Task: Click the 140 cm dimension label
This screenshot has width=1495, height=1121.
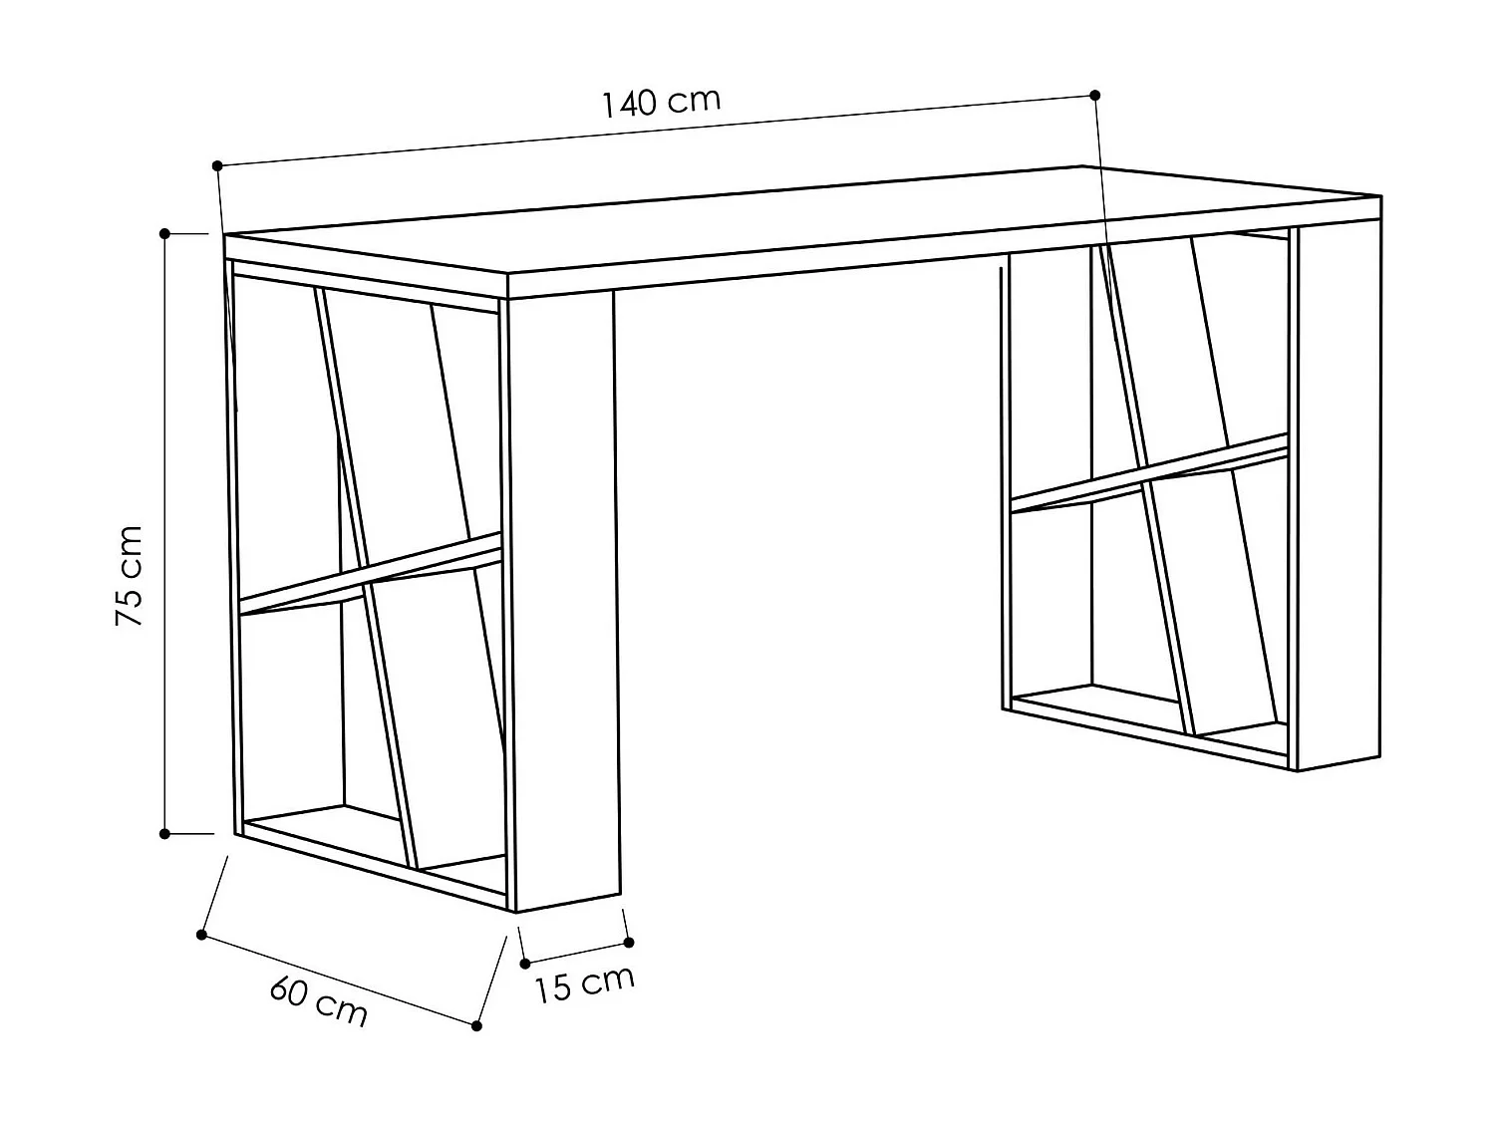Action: pos(660,102)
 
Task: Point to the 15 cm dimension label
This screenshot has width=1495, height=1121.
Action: pos(584,983)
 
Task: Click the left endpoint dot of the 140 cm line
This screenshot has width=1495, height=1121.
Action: pos(217,164)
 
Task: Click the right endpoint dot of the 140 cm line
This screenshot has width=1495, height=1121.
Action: pos(1095,96)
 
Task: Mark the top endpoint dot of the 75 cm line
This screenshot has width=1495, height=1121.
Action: pos(165,233)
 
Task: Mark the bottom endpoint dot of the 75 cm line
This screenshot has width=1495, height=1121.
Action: pos(165,833)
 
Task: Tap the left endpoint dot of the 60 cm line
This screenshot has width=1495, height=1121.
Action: pos(201,935)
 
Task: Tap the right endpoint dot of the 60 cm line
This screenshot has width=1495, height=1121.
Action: pos(476,1025)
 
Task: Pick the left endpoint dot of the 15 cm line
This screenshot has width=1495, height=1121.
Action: pos(525,964)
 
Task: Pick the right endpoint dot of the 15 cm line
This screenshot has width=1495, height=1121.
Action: pos(628,942)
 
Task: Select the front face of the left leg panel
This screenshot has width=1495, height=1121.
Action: pos(564,598)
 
